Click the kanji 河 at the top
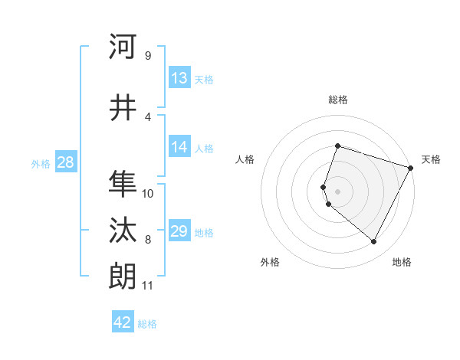coord(123,47)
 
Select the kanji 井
coord(123,108)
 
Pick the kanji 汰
coord(123,231)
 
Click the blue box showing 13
coord(179,78)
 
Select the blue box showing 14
coord(179,147)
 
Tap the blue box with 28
coord(64,162)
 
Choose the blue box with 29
coord(179,231)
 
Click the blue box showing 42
coord(122,322)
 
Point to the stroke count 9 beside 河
coord(147,56)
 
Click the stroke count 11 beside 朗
coord(147,286)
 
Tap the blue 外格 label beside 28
coord(41,163)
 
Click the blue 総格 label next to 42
coord(147,324)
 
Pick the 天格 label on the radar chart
coord(431,159)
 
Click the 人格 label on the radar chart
coord(245,159)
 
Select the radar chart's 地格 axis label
coord(402,263)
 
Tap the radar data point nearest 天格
coord(412,168)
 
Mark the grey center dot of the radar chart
coord(337,191)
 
